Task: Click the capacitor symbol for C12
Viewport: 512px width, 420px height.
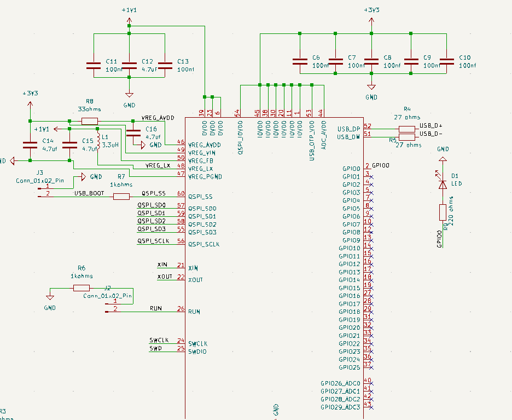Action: [x=129, y=66]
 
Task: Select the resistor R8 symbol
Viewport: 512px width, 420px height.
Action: [x=90, y=121]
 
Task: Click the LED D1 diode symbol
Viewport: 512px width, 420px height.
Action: [x=443, y=185]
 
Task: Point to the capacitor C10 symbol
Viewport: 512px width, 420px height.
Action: [x=447, y=61]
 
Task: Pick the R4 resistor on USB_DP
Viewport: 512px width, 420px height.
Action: [x=407, y=129]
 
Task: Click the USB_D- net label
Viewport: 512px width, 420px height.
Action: [x=431, y=134]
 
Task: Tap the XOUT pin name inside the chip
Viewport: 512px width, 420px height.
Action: [x=195, y=280]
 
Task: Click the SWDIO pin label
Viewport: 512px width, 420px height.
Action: [x=197, y=352]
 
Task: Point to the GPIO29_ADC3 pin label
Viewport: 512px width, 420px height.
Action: [x=340, y=407]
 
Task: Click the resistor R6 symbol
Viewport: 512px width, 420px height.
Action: [x=82, y=288]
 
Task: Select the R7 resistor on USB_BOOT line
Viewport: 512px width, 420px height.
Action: [x=121, y=197]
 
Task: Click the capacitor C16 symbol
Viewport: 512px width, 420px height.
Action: [x=133, y=133]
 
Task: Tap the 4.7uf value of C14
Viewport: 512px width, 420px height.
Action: [x=50, y=148]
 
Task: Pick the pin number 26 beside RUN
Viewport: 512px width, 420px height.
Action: [x=181, y=309]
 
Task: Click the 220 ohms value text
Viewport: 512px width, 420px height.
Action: [x=452, y=214]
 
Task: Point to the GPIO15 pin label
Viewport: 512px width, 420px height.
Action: [x=350, y=288]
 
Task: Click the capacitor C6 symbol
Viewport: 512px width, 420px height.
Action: [x=300, y=61]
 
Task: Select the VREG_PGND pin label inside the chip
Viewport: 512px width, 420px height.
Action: [x=205, y=176]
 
